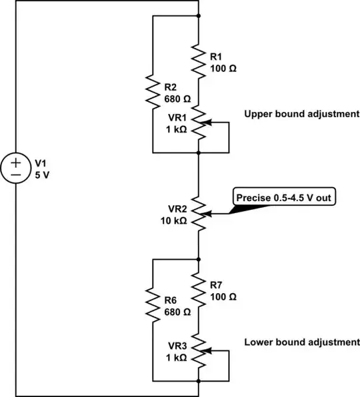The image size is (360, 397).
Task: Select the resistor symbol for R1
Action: (x=199, y=61)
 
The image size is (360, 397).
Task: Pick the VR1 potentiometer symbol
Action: (x=199, y=124)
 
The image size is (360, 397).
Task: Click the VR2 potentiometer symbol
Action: (x=199, y=214)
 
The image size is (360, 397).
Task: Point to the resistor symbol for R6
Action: (x=153, y=304)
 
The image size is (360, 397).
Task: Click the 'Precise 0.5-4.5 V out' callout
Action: (x=281, y=198)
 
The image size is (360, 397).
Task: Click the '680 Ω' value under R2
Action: (x=177, y=99)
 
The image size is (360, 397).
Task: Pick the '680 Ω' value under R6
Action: (x=177, y=311)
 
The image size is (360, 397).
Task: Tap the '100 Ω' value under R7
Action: (x=223, y=296)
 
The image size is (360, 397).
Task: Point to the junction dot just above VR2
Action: (x=199, y=153)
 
